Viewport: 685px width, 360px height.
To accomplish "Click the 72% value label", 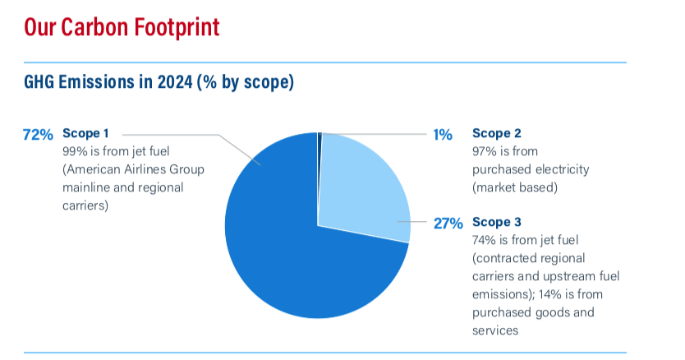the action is pyautogui.click(x=38, y=135).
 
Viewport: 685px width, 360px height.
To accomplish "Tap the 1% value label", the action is pyautogui.click(x=443, y=135).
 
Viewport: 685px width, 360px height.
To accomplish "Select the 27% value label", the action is pyautogui.click(x=448, y=224).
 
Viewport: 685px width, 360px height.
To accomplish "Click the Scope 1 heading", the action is pyautogui.click(x=85, y=133).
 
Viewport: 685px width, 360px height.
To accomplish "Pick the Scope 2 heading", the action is pyautogui.click(x=497, y=133).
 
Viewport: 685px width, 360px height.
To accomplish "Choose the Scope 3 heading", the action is pyautogui.click(x=497, y=222).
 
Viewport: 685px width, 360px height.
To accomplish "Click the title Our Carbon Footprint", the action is pyautogui.click(x=122, y=27).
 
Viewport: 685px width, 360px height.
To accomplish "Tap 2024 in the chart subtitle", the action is pyautogui.click(x=175, y=82).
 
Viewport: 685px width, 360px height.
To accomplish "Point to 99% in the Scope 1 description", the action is pyautogui.click(x=75, y=151).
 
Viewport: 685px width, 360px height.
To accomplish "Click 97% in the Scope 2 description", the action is pyautogui.click(x=485, y=151).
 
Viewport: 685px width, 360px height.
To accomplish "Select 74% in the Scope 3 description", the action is pyautogui.click(x=484, y=240).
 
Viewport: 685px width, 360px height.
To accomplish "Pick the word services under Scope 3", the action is pyautogui.click(x=495, y=330).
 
